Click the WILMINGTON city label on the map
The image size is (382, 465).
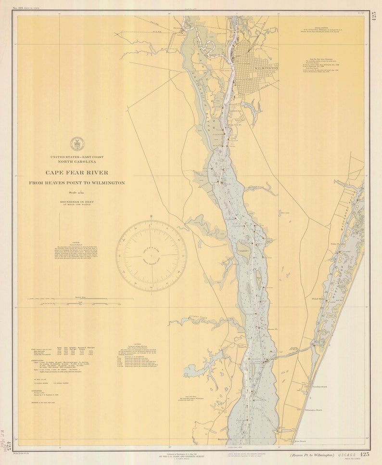pyautogui.click(x=266, y=68)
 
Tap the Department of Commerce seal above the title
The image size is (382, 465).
pyautogui.click(x=77, y=143)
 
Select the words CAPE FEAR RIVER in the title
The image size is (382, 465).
pyautogui.click(x=77, y=172)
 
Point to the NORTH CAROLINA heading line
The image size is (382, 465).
pyautogui.click(x=77, y=162)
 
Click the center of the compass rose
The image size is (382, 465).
pyautogui.click(x=151, y=256)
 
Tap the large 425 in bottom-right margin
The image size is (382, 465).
pyautogui.click(x=364, y=454)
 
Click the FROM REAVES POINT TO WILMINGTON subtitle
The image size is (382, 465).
pyautogui.click(x=77, y=183)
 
